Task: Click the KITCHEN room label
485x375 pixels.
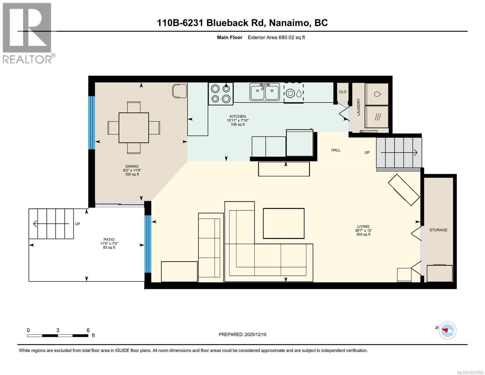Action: tap(238, 117)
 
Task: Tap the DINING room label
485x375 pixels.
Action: tap(132, 167)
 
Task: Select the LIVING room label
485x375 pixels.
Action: tap(363, 227)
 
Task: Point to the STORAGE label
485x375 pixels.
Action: tap(438, 230)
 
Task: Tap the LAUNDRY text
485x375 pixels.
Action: tap(359, 107)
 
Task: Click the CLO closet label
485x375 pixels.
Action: tap(343, 92)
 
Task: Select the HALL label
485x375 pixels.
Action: tap(336, 150)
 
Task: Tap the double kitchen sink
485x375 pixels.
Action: tap(265, 92)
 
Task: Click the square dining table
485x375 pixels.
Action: tap(134, 127)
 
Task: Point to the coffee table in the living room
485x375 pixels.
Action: tap(284, 223)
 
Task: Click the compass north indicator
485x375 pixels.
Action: tap(447, 330)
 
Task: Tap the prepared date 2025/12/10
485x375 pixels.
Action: tap(242, 334)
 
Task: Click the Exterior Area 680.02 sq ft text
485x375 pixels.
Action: tap(276, 37)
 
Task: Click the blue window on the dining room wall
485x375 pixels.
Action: tap(92, 122)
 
